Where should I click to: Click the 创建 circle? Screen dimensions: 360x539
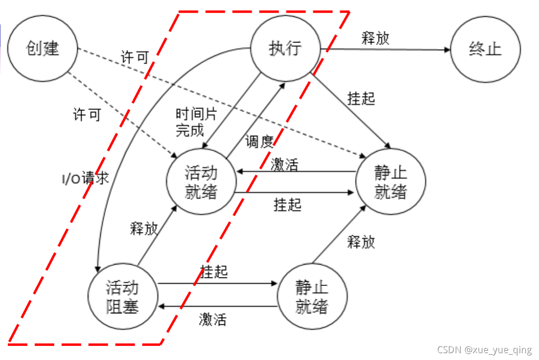42,48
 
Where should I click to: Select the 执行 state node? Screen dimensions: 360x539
285,48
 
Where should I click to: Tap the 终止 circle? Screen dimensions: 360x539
485,49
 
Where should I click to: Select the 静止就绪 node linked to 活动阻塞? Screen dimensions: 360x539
312,297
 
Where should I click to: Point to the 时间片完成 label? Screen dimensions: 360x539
190,122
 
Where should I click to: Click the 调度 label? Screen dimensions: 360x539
260,142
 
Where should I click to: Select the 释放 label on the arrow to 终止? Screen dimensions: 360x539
375,38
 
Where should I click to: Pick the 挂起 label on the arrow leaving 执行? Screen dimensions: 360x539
361,99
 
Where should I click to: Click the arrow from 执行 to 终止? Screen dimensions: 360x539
386,49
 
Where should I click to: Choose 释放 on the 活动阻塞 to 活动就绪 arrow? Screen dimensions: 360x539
144,229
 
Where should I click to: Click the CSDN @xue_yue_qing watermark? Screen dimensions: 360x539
484,350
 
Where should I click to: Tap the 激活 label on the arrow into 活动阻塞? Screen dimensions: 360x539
212,320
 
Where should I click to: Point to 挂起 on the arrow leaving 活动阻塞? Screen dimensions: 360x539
214,272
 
